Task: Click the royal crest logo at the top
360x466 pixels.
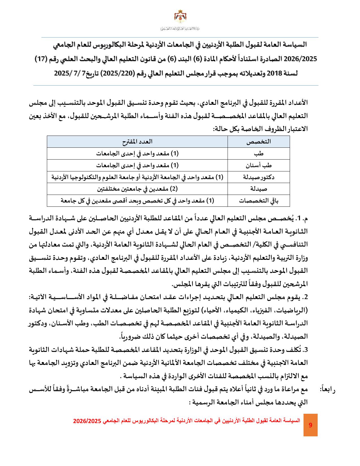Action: point(180,18)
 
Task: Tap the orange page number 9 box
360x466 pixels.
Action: point(310,425)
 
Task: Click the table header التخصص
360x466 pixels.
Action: point(259,141)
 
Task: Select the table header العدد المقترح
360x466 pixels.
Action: point(137,141)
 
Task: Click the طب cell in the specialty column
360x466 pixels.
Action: point(259,153)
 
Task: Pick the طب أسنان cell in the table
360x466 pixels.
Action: point(259,165)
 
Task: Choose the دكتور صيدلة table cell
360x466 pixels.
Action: point(259,177)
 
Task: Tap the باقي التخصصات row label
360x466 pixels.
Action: point(259,201)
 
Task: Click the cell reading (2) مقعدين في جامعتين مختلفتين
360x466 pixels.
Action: point(137,189)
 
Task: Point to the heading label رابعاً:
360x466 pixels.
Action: point(327,389)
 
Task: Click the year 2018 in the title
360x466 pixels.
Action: point(272,73)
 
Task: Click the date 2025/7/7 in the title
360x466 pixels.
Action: point(70,73)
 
